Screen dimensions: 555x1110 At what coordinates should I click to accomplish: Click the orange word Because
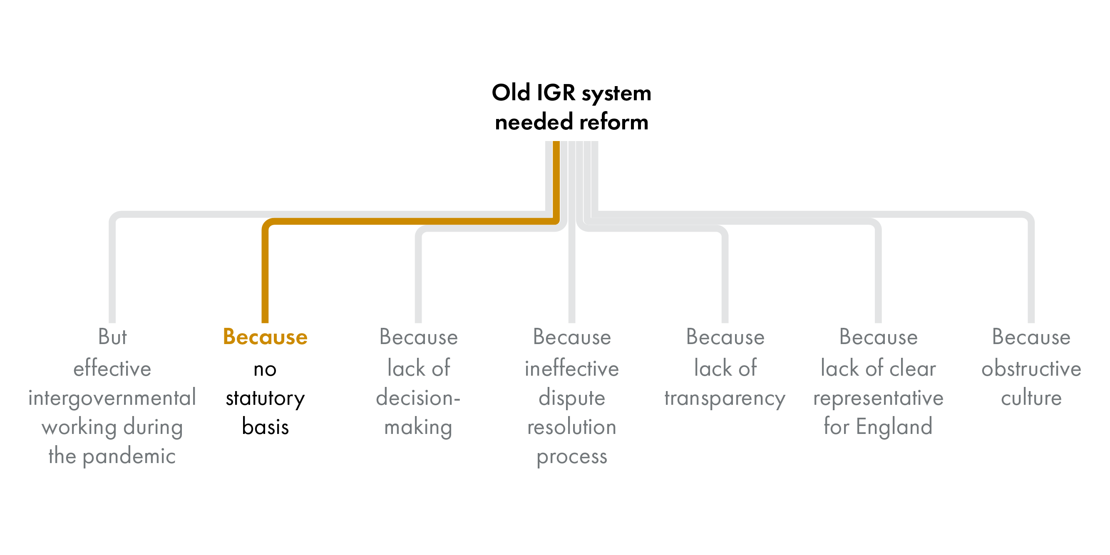pyautogui.click(x=265, y=337)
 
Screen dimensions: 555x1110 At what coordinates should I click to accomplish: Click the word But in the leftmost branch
pyautogui.click(x=112, y=337)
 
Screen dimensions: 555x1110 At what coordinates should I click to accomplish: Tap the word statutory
pyautogui.click(x=265, y=398)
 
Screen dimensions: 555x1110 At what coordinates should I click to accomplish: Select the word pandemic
pyautogui.click(x=129, y=456)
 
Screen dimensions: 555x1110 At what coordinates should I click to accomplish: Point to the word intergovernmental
pyautogui.click(x=112, y=398)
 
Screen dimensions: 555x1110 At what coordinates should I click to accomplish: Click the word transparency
pyautogui.click(x=725, y=398)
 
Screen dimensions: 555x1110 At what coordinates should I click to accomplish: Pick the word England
pyautogui.click(x=894, y=427)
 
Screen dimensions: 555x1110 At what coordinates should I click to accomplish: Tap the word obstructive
pyautogui.click(x=1031, y=369)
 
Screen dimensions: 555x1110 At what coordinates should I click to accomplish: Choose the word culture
pyautogui.click(x=1031, y=398)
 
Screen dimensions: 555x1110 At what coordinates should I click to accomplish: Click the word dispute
pyautogui.click(x=571, y=398)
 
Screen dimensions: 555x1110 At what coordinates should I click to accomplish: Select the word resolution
pyautogui.click(x=571, y=427)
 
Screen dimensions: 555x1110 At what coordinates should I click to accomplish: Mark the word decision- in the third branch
pyautogui.click(x=418, y=398)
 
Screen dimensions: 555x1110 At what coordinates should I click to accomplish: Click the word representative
pyautogui.click(x=878, y=398)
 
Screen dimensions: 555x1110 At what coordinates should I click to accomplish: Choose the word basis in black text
pyautogui.click(x=265, y=427)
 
